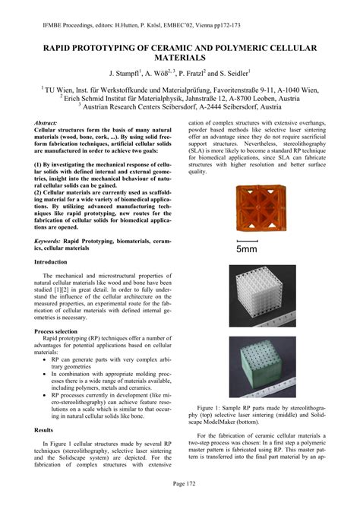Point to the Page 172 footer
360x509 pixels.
pos(179,483)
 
